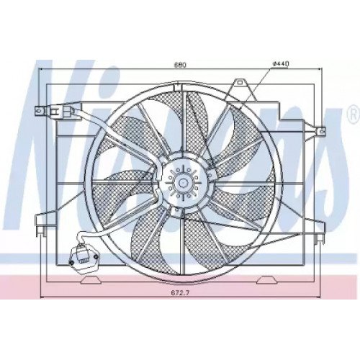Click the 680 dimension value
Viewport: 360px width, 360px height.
tap(180, 65)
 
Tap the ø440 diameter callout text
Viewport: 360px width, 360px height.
tap(281, 64)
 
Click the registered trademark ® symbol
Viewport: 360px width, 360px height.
tap(354, 116)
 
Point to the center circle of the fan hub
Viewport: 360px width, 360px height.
tap(182, 184)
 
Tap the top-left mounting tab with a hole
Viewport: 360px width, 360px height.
tap(40, 111)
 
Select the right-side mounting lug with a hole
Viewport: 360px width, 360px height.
tap(320, 131)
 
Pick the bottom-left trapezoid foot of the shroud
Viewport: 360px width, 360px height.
tap(91, 280)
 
